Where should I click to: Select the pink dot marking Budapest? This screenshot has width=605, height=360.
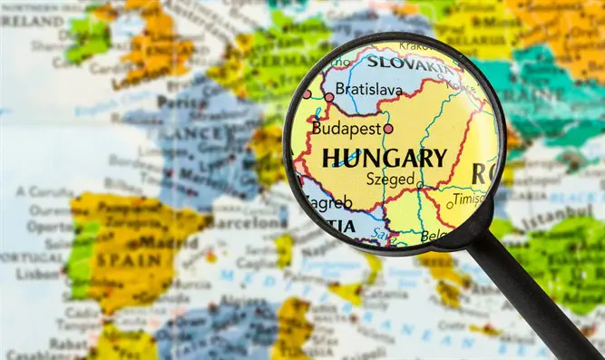click(388, 129)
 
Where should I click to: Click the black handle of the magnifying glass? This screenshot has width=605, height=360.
click(535, 290)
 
